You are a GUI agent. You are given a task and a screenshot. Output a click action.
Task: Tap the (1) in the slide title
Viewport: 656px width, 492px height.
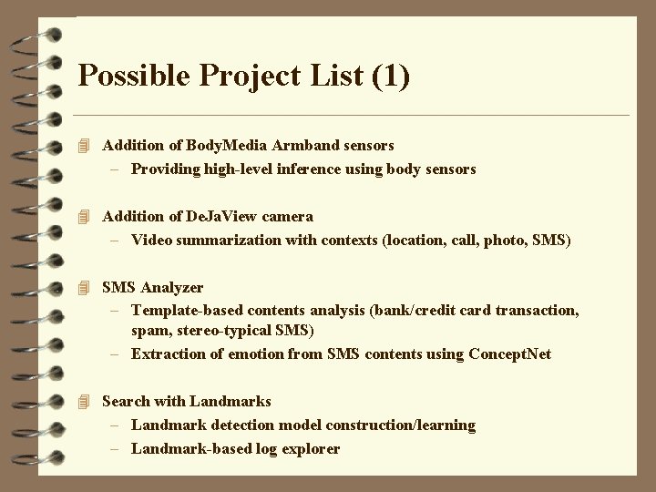point(389,76)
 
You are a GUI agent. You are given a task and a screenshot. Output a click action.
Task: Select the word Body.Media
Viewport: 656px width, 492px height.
point(225,145)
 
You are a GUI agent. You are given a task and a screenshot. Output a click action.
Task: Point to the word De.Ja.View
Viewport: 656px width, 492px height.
point(222,216)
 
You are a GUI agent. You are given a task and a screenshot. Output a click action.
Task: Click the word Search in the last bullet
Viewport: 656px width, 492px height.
point(126,401)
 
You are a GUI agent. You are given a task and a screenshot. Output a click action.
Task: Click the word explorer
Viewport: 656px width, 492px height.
point(312,448)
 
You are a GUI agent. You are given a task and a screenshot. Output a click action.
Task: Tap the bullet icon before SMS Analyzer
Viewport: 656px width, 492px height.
point(85,287)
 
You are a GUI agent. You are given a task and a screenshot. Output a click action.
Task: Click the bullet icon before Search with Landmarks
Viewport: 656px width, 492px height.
point(85,401)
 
